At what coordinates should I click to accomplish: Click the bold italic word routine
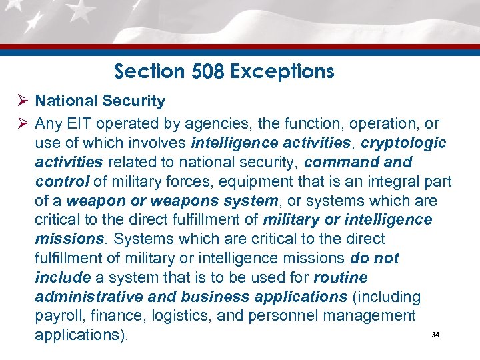[341, 277]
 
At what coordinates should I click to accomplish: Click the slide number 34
[435, 335]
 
